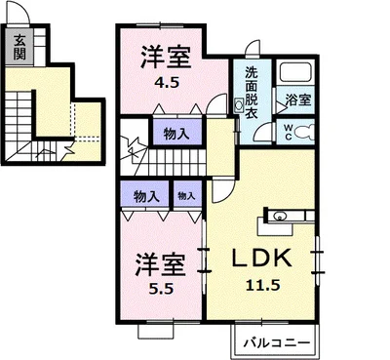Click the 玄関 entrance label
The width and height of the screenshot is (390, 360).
pyautogui.click(x=19, y=45)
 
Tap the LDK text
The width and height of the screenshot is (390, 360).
pyautogui.click(x=261, y=260)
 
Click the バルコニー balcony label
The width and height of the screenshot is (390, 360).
pyautogui.click(x=275, y=343)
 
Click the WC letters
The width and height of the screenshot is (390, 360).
pyautogui.click(x=290, y=129)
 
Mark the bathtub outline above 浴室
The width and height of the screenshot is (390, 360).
pyautogui.click(x=295, y=74)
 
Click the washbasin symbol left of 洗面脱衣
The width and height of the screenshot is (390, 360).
pyautogui.click(x=239, y=105)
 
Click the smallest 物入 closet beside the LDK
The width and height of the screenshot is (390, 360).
pyautogui.click(x=185, y=196)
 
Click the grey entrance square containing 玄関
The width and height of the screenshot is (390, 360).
pyautogui.click(x=19, y=45)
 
